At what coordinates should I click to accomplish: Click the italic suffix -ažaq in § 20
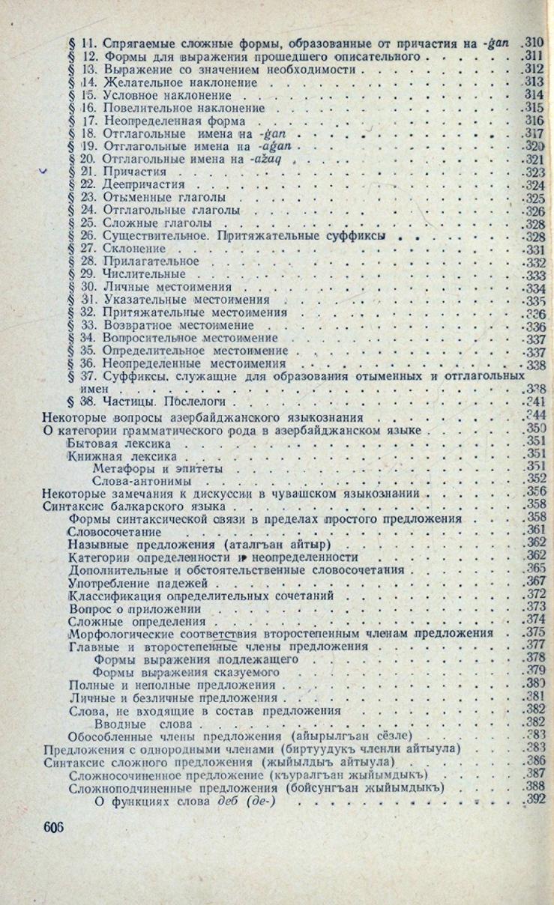273,158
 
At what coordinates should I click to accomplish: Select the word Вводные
118,722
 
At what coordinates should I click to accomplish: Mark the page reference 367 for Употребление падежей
534,582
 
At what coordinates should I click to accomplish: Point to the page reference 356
535,492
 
